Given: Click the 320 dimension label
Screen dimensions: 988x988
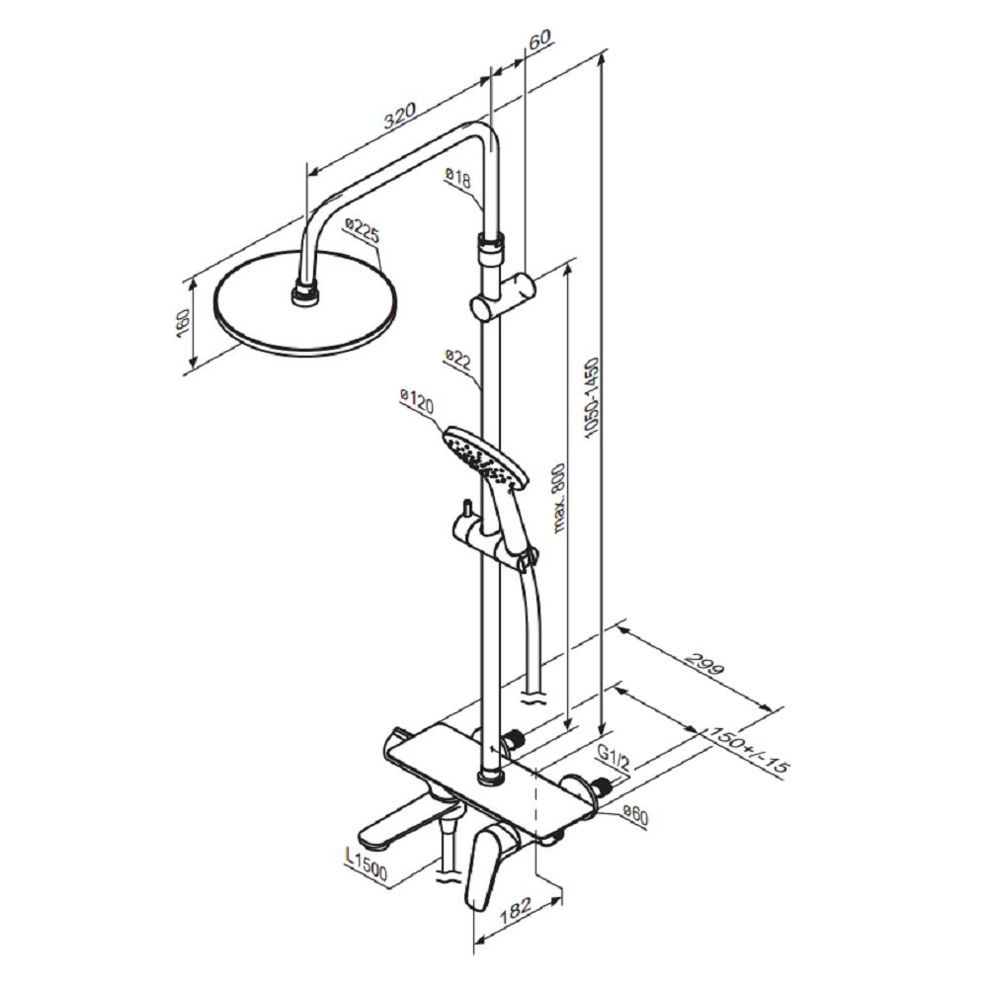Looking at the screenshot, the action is [401, 118].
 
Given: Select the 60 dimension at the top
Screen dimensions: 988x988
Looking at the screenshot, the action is [539, 40].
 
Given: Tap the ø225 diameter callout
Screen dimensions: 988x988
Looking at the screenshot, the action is [363, 230].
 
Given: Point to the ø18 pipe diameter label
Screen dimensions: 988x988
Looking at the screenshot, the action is [458, 177].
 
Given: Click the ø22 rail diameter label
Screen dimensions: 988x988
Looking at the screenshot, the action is [458, 360].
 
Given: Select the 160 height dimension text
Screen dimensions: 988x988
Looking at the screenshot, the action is [183, 323].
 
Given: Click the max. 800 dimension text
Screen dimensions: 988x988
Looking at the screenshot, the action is [558, 498].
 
